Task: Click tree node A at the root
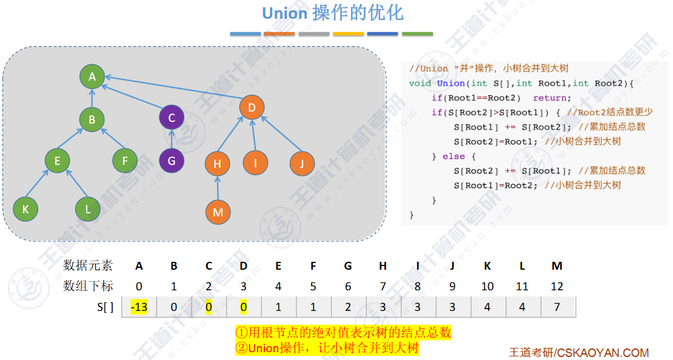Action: point(92,77)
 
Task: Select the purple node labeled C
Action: point(172,118)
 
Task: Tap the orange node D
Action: point(252,108)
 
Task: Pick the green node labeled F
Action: point(125,161)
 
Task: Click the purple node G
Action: point(172,161)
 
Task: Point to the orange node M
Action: point(218,212)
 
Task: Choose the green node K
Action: point(25,209)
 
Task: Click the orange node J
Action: point(301,162)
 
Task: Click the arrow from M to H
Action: point(218,187)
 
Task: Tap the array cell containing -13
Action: point(139,307)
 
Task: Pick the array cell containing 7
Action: point(557,307)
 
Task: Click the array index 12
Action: point(557,286)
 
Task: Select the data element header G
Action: point(348,266)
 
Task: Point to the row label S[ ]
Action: point(104,307)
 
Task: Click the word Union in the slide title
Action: point(284,13)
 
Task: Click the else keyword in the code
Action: point(454,156)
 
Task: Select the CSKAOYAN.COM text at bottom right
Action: point(603,353)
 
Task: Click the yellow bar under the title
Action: point(348,34)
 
